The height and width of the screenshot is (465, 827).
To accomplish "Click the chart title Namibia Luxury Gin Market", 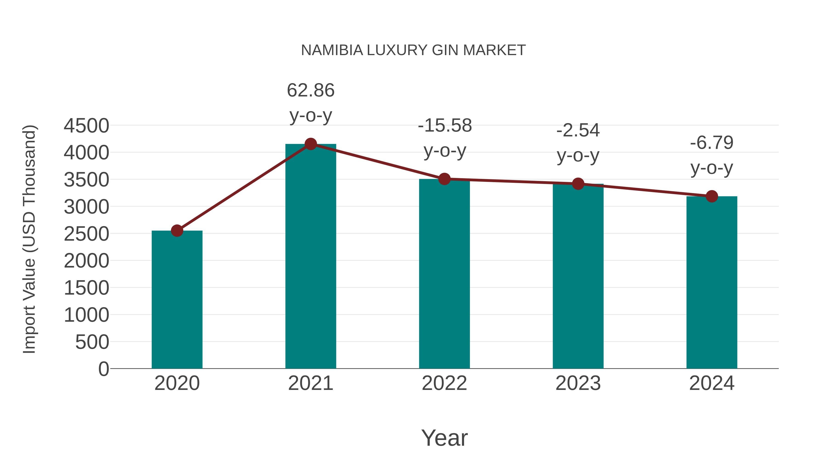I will (413, 50).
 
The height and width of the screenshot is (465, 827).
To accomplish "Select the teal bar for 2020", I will (177, 300).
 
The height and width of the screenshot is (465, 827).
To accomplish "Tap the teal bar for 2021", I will (310, 257).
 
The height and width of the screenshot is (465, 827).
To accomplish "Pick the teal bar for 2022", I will (444, 274).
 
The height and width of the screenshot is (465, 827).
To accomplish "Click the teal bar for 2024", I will (712, 282).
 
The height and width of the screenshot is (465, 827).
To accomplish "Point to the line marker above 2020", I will (177, 230).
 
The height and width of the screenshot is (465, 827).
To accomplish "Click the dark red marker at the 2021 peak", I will (310, 144).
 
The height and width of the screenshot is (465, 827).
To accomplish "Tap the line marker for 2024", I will (712, 196).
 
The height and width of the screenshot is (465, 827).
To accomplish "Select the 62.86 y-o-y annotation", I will (310, 102).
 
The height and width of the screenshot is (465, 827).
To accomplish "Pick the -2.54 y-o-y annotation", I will (578, 143).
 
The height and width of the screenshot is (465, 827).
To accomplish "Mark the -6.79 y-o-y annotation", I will (712, 155).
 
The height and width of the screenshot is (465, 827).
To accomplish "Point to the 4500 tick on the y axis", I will (86, 125).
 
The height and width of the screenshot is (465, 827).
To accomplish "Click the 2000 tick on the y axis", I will (86, 261).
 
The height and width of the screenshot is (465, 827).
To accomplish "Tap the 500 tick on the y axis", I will (92, 342).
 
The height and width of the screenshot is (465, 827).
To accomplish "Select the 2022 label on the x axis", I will (444, 383).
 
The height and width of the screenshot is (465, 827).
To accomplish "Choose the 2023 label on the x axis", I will (578, 383).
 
